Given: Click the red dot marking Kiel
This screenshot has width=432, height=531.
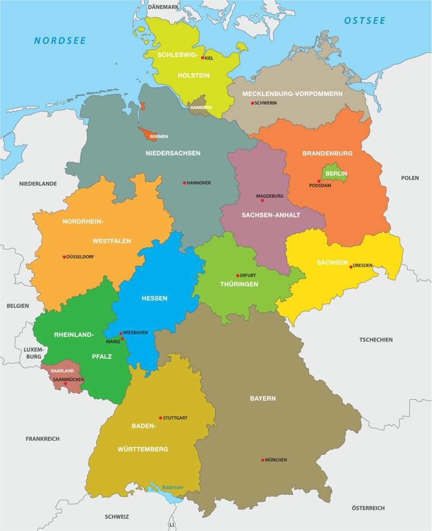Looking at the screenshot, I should pyautogui.click(x=203, y=58).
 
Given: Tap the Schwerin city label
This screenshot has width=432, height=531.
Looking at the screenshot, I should pyautogui.click(x=265, y=103).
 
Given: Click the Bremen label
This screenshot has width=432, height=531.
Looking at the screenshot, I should pyautogui.click(x=158, y=137).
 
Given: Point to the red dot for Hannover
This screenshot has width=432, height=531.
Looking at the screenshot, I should pyautogui.click(x=184, y=183).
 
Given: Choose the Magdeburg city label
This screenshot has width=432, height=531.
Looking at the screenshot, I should pyautogui.click(x=269, y=197).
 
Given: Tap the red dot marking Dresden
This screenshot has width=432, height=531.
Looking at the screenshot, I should pyautogui.click(x=351, y=267).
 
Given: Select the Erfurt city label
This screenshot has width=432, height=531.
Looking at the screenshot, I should pyautogui.click(x=248, y=275).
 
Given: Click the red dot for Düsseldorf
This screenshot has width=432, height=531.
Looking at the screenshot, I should pyautogui.click(x=64, y=257).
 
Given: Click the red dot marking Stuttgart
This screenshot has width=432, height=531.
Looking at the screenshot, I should pyautogui.click(x=160, y=418).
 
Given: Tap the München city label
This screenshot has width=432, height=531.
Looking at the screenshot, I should pyautogui.click(x=276, y=460).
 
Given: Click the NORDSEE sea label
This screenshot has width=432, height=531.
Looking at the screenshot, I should pyautogui.click(x=60, y=40).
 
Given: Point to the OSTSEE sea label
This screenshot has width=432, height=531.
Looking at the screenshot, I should pyautogui.click(x=365, y=21).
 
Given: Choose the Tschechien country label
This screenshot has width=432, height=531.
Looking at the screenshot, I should pyautogui.click(x=376, y=340).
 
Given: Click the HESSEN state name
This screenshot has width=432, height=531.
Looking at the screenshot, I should pyautogui.click(x=154, y=298).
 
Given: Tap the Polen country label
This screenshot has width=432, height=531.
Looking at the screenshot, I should pyautogui.click(x=410, y=178).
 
